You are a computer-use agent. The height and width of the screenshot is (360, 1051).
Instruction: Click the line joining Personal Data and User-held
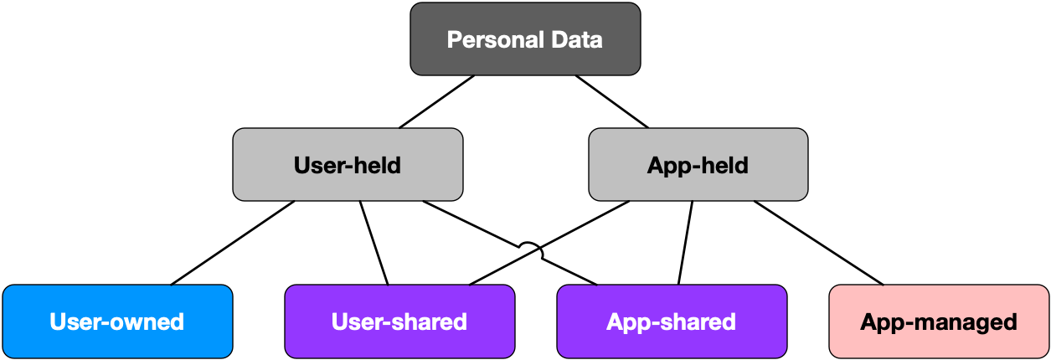tap(437, 101)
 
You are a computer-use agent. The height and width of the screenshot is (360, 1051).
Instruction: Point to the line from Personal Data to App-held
tap(612, 101)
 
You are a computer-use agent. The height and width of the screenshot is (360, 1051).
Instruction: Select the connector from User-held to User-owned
tap(233, 243)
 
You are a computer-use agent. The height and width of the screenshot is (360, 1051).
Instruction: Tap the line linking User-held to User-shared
tap(374, 243)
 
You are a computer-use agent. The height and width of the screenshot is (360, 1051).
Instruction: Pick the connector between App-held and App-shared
tap(686, 243)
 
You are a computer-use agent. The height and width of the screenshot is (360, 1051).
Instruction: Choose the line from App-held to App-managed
tap(819, 243)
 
